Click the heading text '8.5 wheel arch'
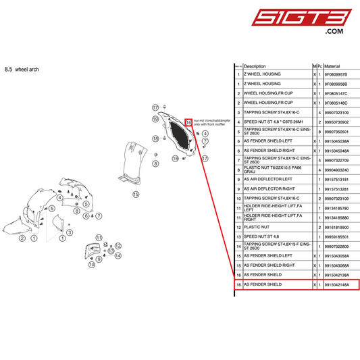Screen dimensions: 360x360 [22, 69]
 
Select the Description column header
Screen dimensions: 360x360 [255, 66]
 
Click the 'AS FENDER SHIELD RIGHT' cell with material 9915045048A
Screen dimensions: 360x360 [269, 151]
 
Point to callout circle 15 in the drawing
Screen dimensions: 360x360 [136, 194]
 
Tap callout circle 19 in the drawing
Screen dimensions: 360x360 [155, 120]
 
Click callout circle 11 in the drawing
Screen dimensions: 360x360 [99, 238]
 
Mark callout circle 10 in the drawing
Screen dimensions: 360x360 [91, 266]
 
